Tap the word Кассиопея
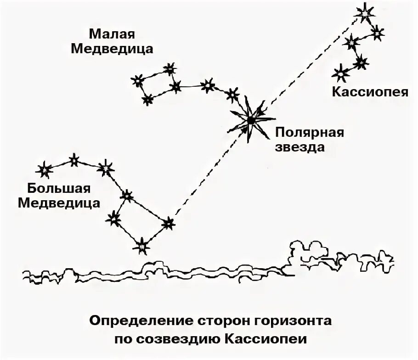tap(370, 92)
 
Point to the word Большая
tap(59, 188)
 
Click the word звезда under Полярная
tap(300, 148)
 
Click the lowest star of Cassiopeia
tap(341, 73)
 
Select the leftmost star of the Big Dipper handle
tap(45, 170)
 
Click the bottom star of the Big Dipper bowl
tap(142, 246)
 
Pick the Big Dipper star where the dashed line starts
tap(169, 224)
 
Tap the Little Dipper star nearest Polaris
tap(232, 94)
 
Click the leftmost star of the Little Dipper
tap(137, 81)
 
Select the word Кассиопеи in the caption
tap(271, 339)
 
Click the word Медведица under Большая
tap(59, 203)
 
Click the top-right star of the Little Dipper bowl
tap(170, 69)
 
